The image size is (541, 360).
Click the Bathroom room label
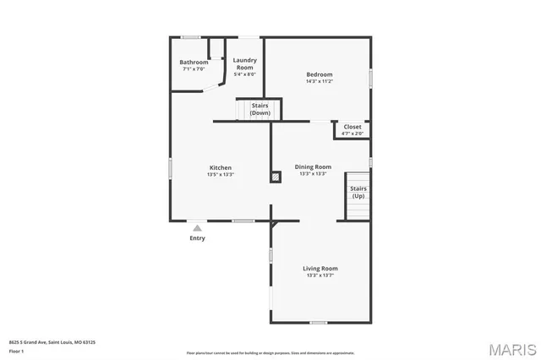click(194, 63)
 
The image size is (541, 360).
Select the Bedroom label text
click(319, 74)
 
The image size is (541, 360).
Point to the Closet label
click(352, 127)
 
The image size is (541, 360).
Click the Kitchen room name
click(221, 167)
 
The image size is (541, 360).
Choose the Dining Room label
click(313, 166)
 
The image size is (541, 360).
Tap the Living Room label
click(320, 269)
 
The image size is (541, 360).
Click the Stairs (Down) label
click(260, 109)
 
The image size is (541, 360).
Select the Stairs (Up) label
click(358, 192)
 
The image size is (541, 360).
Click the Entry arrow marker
click(197, 226)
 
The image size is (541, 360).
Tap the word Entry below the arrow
click(197, 238)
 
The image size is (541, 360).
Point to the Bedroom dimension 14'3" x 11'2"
click(319, 81)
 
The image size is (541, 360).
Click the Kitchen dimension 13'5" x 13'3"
click(221, 174)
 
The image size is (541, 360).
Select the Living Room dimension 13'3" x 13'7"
click(320, 275)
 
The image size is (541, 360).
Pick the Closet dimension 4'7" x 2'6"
click(352, 134)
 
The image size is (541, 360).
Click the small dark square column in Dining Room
click(275, 177)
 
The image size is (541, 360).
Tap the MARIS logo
click(512, 348)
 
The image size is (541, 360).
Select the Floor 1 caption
click(16, 350)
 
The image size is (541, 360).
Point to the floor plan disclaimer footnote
click(270, 352)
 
